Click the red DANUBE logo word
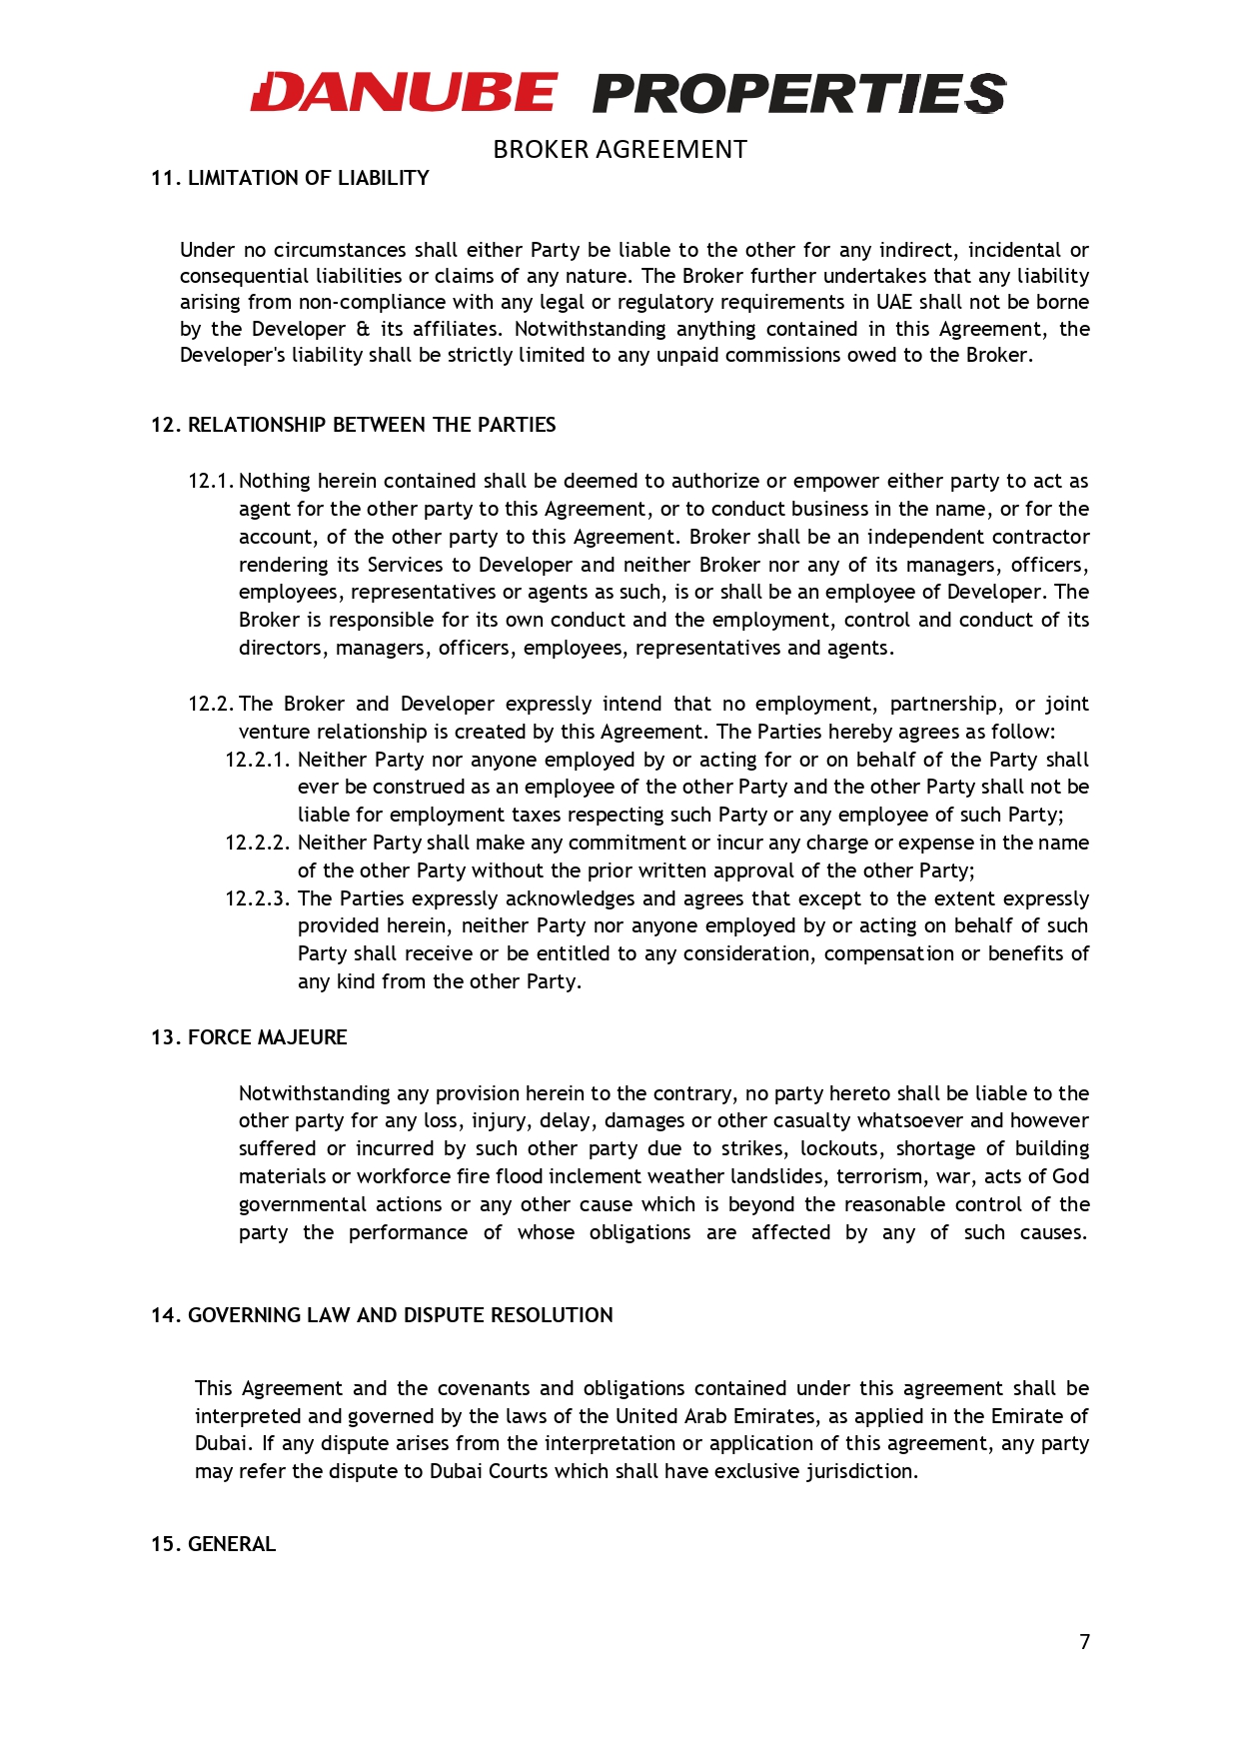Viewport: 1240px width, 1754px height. coord(403,93)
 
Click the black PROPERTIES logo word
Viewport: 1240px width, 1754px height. coord(798,94)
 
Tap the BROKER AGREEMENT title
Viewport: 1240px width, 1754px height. coord(620,150)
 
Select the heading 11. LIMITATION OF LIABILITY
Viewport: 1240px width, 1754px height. coord(290,178)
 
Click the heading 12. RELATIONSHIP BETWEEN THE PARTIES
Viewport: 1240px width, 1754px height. coord(353,425)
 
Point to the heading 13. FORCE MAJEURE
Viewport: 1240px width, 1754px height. coord(249,1037)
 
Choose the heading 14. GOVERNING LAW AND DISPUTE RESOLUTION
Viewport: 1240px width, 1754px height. coord(382,1315)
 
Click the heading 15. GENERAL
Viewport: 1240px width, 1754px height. coord(213,1544)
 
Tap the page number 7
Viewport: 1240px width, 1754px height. coord(1084,1641)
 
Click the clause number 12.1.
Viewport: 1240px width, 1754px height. coord(210,482)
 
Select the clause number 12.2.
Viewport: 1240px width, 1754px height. coord(210,705)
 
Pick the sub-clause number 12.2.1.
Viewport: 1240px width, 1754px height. coord(257,760)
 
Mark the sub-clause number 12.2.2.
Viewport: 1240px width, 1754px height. coord(257,844)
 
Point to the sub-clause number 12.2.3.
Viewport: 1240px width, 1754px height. coord(257,899)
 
